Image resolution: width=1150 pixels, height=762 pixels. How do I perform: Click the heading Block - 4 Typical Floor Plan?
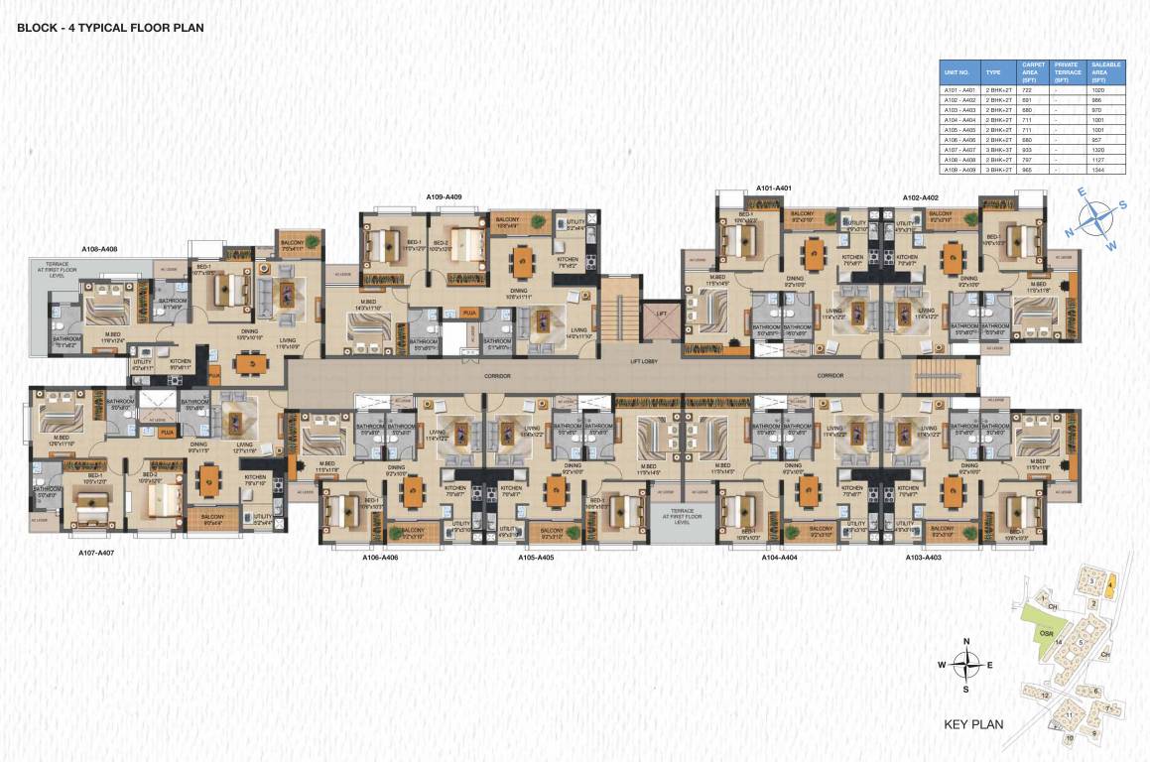point(110,28)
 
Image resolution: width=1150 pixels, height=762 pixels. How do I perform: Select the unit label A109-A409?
point(444,197)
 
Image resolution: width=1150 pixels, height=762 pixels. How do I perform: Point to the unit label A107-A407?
point(97,552)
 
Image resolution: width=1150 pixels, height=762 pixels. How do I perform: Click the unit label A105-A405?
point(536,558)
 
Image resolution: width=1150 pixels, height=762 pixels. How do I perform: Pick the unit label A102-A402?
point(920,197)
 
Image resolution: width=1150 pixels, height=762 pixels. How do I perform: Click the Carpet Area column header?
point(1033,72)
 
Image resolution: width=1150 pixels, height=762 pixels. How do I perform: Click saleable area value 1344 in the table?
point(1097,170)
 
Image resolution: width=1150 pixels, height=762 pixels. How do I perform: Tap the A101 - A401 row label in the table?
point(958,90)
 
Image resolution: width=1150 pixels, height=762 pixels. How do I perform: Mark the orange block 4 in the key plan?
point(1111,581)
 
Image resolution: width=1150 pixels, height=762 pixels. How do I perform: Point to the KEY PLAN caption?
point(973,724)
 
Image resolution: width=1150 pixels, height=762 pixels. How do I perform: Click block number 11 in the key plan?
point(1070,713)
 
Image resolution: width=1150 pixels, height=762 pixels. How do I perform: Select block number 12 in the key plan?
point(1046,696)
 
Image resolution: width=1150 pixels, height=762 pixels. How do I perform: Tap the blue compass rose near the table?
point(1095,217)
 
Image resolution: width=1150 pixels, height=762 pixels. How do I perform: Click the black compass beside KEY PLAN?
point(965,664)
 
